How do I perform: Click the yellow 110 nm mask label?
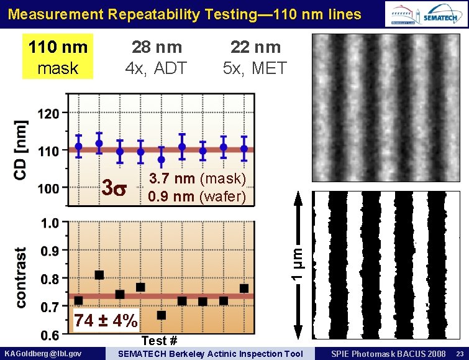click(x=57, y=57)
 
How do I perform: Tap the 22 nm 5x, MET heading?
click(x=255, y=57)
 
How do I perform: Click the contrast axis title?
click(x=20, y=277)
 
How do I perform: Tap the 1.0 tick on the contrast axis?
click(x=50, y=223)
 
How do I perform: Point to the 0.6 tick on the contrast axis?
click(x=50, y=336)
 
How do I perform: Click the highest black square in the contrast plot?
click(x=99, y=275)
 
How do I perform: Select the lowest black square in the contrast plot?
click(x=162, y=315)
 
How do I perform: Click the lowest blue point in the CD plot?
click(x=162, y=160)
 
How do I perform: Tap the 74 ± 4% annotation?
click(x=106, y=321)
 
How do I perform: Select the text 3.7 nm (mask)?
click(x=198, y=180)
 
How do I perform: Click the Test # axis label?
click(x=160, y=341)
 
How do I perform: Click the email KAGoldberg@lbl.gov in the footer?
click(x=43, y=354)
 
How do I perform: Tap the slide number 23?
click(x=458, y=354)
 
